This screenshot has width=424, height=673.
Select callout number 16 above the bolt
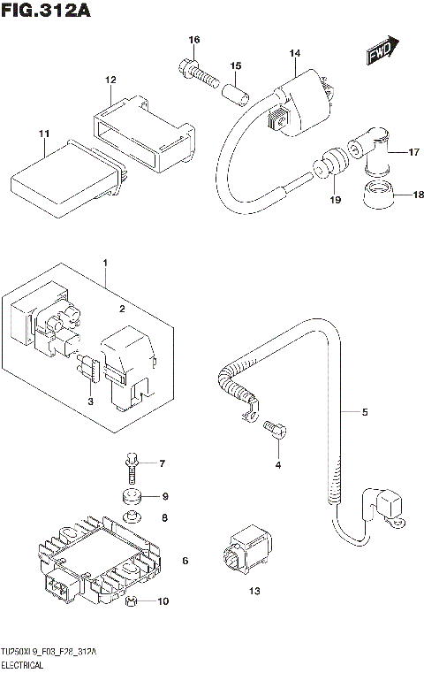(194, 40)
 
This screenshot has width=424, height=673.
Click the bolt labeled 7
(132, 461)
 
